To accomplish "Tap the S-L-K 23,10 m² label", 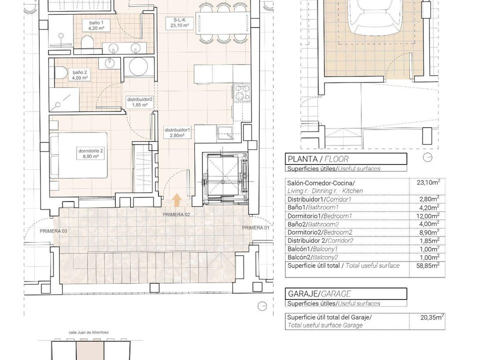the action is click(179, 23).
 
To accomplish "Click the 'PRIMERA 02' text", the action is click(176, 214).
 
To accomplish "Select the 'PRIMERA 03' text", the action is click(53, 231).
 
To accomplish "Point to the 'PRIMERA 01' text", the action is click(255, 228).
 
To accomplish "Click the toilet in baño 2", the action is click(61, 73).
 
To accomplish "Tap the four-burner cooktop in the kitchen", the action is click(242, 92).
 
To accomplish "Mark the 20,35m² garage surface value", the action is click(432, 317).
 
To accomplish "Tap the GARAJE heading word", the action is click(302, 294).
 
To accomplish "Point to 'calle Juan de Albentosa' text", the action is click(89, 332).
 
